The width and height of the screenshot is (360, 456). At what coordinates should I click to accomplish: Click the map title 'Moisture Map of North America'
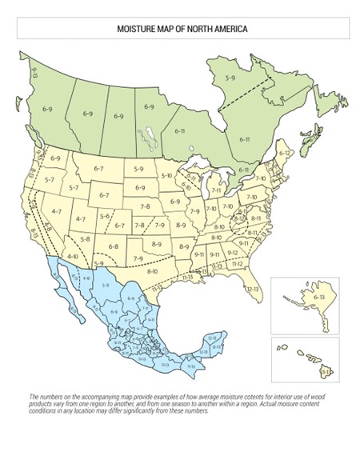180,30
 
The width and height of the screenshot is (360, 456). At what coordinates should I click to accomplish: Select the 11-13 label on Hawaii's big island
325,373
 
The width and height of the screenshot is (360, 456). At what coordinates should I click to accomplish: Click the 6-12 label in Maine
285,152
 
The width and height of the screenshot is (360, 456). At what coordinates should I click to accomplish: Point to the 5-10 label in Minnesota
166,174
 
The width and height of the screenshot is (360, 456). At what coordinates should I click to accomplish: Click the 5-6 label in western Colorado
104,217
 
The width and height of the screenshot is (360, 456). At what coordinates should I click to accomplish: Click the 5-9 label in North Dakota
139,169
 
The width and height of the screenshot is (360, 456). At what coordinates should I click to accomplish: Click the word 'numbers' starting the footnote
48,398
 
